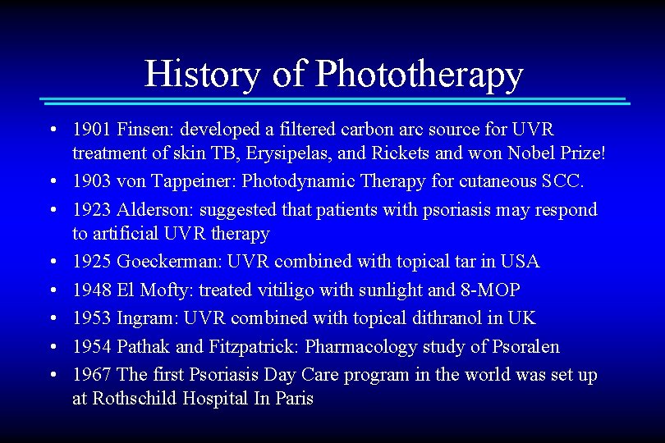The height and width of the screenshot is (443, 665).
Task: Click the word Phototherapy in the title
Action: pyautogui.click(x=419, y=74)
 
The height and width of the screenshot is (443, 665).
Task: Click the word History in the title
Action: pyautogui.click(x=202, y=74)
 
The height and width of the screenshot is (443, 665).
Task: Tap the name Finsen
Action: pyautogui.click(x=145, y=130)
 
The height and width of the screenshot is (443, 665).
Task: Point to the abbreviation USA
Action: pyautogui.click(x=521, y=262)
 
